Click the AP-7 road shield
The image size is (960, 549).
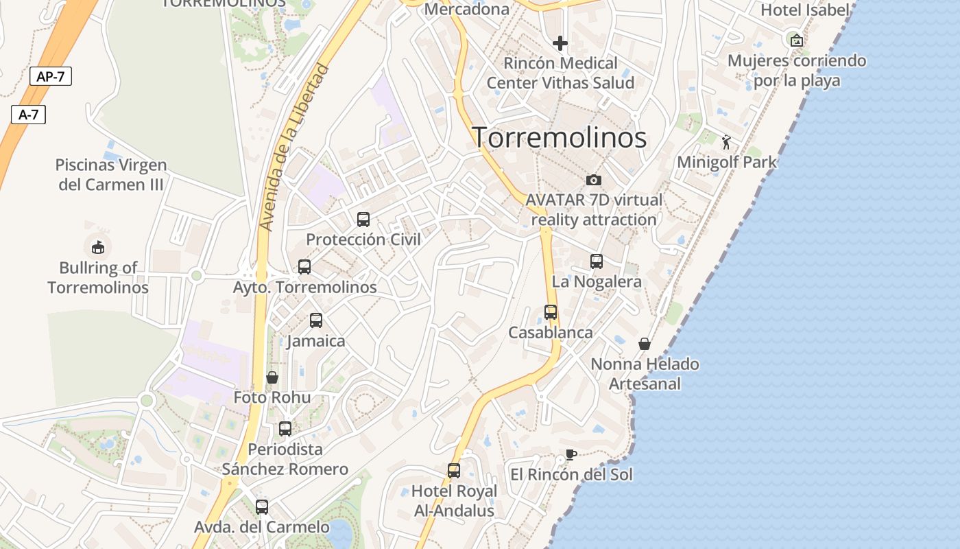[x=51, y=76]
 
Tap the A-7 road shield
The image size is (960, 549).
[x=28, y=115]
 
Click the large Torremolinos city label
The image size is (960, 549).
[x=559, y=138]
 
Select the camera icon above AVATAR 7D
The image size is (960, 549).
[x=594, y=180]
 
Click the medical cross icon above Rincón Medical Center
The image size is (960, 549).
[x=560, y=43]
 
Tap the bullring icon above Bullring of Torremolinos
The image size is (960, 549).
[x=98, y=246]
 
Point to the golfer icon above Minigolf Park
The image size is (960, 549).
[x=726, y=142]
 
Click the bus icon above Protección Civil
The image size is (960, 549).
[x=363, y=220]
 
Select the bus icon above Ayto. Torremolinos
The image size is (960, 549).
[x=304, y=267]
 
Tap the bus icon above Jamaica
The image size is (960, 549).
[x=316, y=320]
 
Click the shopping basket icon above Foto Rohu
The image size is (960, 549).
[x=272, y=377]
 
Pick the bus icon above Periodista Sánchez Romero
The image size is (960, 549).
[x=285, y=429]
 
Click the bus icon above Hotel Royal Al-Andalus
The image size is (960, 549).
[x=454, y=471]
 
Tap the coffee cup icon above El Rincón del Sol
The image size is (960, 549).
[x=571, y=454]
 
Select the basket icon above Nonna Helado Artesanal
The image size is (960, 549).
[x=645, y=344]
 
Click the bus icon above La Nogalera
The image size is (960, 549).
[x=597, y=261]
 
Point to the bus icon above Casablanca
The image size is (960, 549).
[x=551, y=312]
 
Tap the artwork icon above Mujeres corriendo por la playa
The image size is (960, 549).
[x=796, y=40]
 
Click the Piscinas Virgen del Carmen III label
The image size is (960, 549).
[x=111, y=175]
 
